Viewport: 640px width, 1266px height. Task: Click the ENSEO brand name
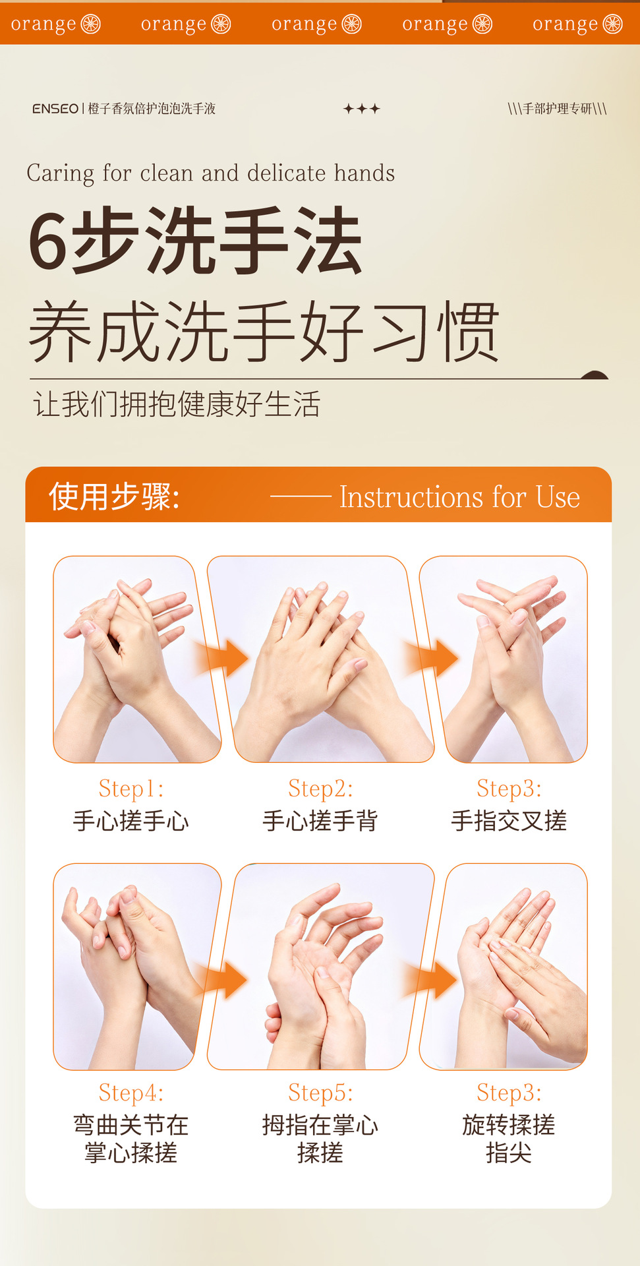pos(55,109)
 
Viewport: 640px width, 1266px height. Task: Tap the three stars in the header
pos(361,109)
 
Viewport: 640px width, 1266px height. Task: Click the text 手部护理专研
pos(557,109)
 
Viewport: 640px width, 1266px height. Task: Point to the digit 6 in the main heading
pos(47,242)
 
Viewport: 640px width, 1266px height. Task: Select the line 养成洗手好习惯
pos(264,332)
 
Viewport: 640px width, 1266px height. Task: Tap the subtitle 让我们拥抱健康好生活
pos(177,404)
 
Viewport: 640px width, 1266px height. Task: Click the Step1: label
pos(131,789)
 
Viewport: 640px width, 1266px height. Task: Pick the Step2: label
pos(320,789)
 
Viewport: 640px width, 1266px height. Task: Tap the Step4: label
pos(131,1093)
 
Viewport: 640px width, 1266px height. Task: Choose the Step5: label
pos(320,1093)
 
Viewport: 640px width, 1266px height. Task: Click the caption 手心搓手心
pos(131,821)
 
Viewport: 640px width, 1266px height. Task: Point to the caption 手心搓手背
pos(320,821)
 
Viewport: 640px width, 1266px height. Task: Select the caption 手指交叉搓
pos(509,821)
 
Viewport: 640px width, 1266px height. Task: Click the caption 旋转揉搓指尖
pos(509,1139)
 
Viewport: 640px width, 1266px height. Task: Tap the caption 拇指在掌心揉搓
pos(320,1139)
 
